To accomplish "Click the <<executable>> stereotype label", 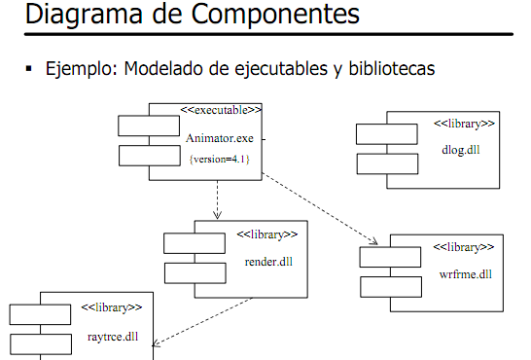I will click(224, 110).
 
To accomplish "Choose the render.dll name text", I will click(268, 262).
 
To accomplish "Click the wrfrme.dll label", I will click(465, 273).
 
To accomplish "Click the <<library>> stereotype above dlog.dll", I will click(464, 124).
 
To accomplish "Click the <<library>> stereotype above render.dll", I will click(267, 234).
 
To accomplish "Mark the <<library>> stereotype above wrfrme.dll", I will click(464, 247).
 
